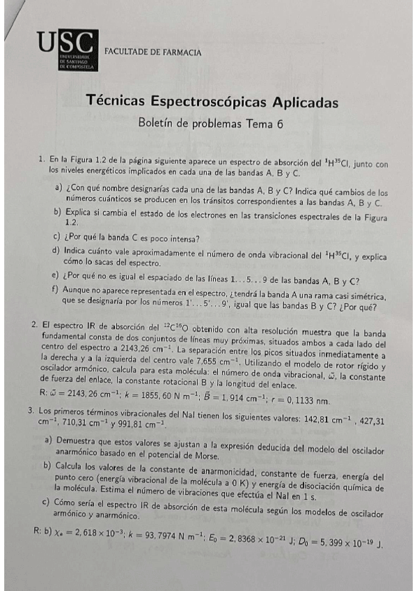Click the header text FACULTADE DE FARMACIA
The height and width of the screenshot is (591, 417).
point(152,52)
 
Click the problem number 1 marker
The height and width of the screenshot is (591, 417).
point(42,160)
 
